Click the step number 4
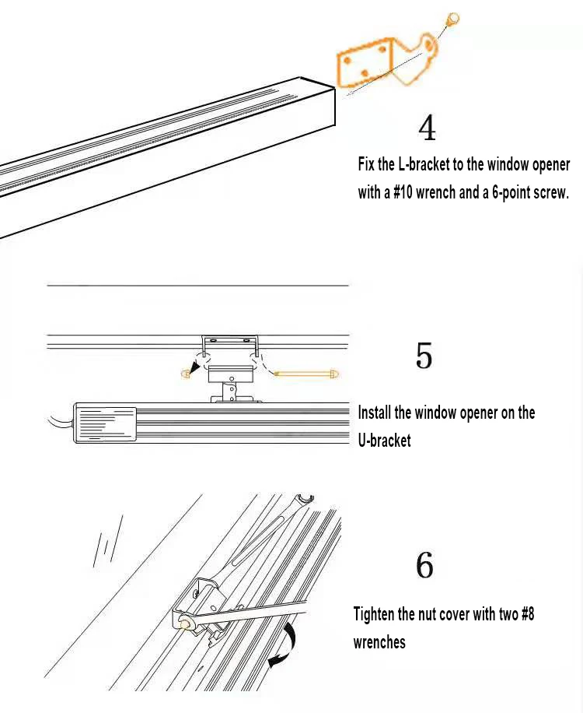click(x=427, y=128)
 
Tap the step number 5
click(x=424, y=356)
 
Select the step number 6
click(x=424, y=566)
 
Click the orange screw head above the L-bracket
click(x=453, y=18)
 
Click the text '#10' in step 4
click(x=403, y=192)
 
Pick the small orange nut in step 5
click(x=186, y=374)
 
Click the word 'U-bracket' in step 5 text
click(x=384, y=440)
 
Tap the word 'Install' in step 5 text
click(x=376, y=413)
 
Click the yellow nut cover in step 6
click(x=186, y=623)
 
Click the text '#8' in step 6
click(x=525, y=614)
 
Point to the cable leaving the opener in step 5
click(x=58, y=424)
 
